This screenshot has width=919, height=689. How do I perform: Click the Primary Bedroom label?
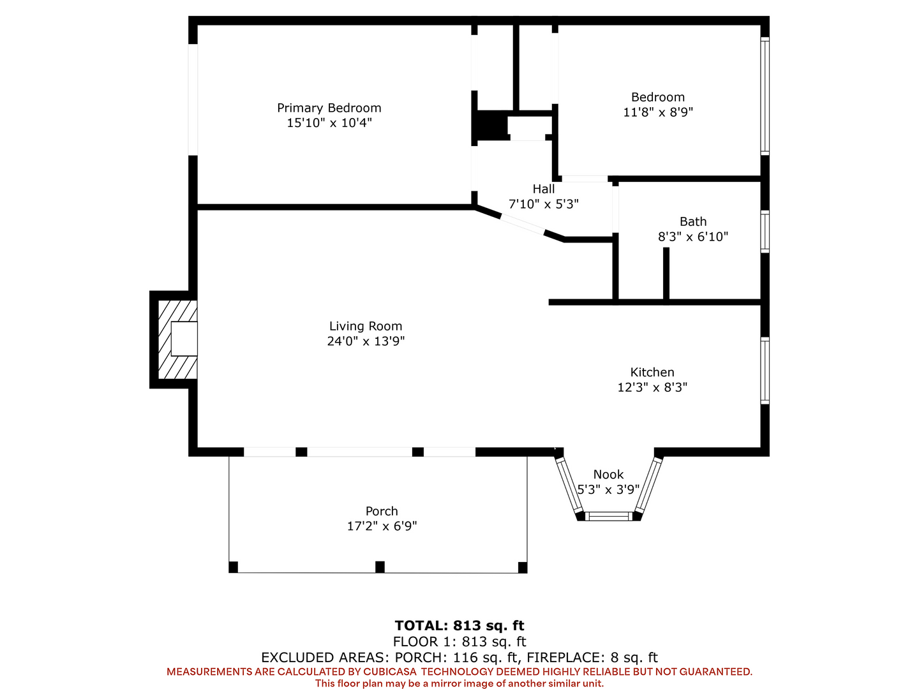[x=329, y=108]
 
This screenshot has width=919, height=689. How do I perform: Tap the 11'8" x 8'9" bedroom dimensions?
[x=658, y=112]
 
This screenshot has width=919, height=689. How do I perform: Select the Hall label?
[x=544, y=189]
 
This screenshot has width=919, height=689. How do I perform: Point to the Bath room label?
[x=693, y=221]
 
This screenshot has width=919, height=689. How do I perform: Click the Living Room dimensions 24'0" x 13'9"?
[x=366, y=341]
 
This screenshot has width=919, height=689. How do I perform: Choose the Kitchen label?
[x=652, y=372]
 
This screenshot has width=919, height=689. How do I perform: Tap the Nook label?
[x=608, y=475]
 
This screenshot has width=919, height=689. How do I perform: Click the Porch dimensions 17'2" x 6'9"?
[x=382, y=526]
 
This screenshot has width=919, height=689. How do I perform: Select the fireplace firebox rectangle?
[x=184, y=339]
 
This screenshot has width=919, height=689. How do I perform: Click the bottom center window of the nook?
[x=608, y=517]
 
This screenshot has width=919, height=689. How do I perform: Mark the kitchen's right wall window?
[x=765, y=371]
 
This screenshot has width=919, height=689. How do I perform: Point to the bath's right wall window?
[x=765, y=232]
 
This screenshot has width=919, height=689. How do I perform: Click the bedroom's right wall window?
[x=765, y=96]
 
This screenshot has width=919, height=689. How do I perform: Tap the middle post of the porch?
[x=380, y=567]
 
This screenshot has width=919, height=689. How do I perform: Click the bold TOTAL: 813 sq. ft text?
[x=459, y=625]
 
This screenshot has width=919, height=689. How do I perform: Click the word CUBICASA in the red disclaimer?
[x=389, y=672]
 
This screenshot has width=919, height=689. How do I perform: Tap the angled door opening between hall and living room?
[x=523, y=225]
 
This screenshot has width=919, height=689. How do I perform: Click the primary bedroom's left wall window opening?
[x=193, y=100]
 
